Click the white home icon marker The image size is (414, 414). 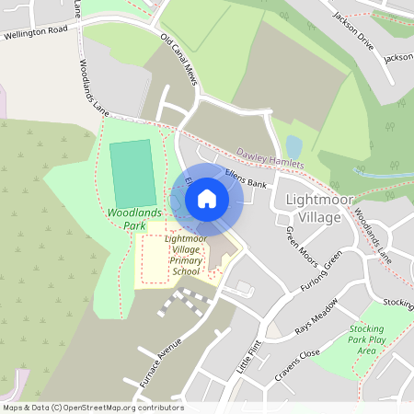tap(207, 199)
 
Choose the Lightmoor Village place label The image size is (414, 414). tap(313, 208)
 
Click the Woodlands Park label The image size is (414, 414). tap(134, 219)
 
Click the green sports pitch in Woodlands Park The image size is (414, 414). tap(133, 174)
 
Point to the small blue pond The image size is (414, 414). tap(293, 146)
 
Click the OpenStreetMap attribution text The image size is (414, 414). tap(92, 408)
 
